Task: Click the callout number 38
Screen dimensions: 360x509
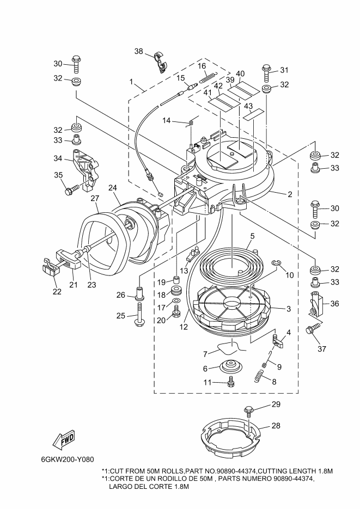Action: [x=139, y=51]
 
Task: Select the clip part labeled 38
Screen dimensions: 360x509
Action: [x=160, y=61]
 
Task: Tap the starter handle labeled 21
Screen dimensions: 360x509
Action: [x=69, y=259]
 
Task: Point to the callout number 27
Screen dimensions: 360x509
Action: [x=95, y=198]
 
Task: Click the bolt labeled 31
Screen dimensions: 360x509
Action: [x=266, y=74]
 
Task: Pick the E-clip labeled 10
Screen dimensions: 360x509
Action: [x=276, y=263]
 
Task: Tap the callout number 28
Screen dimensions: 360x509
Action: [x=276, y=425]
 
